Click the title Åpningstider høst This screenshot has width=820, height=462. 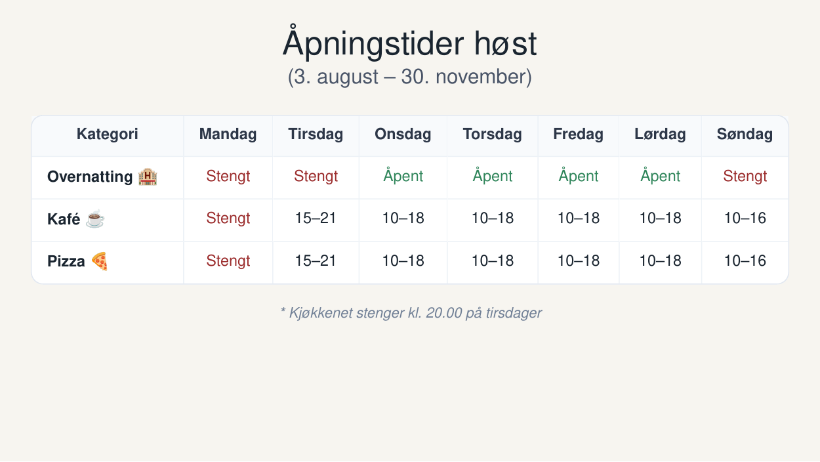(x=409, y=43)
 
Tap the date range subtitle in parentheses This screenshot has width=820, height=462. (x=409, y=77)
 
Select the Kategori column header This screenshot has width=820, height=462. (x=108, y=134)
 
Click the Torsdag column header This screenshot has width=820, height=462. (x=493, y=134)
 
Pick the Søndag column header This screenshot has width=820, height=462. (x=745, y=134)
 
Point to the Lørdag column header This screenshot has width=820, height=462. (x=660, y=134)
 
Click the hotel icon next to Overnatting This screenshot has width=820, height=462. (x=148, y=177)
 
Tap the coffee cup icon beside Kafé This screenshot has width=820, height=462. (x=95, y=219)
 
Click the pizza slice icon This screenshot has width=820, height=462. (x=99, y=261)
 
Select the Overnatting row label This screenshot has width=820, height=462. (x=90, y=177)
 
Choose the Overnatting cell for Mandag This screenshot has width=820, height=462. (x=228, y=176)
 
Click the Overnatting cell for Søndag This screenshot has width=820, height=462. (x=745, y=176)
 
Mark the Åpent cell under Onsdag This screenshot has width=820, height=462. (x=403, y=175)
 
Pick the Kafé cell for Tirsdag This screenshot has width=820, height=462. (x=316, y=218)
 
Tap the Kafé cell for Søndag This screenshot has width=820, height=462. (x=745, y=218)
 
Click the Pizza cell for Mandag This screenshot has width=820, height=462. (x=228, y=261)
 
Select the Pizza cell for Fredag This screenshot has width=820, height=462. (x=579, y=261)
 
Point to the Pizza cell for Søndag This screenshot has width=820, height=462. (x=745, y=261)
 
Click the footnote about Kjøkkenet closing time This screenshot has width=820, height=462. (x=411, y=313)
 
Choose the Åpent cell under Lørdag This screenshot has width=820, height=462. (x=660, y=175)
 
